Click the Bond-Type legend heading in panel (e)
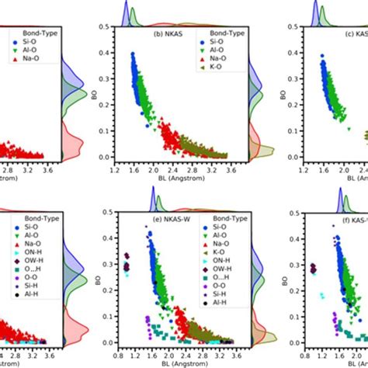(x=220, y=220)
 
